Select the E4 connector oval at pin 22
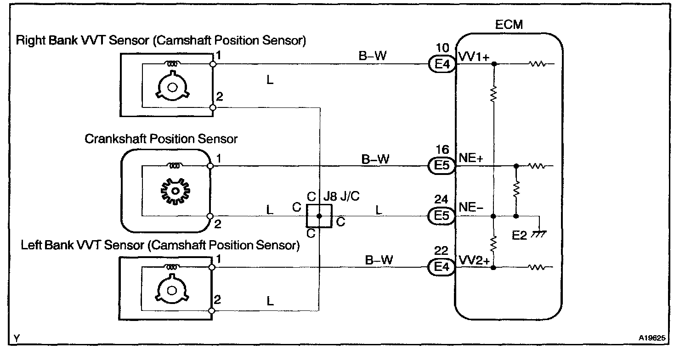click(x=441, y=267)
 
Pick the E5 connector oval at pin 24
click(x=441, y=216)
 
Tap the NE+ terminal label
click(x=470, y=158)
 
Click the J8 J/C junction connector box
click(x=319, y=216)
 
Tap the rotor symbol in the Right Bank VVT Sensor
click(x=172, y=87)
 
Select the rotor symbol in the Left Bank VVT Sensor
click(x=172, y=290)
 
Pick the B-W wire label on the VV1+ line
click(x=372, y=56)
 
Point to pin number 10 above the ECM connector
click(x=441, y=47)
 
